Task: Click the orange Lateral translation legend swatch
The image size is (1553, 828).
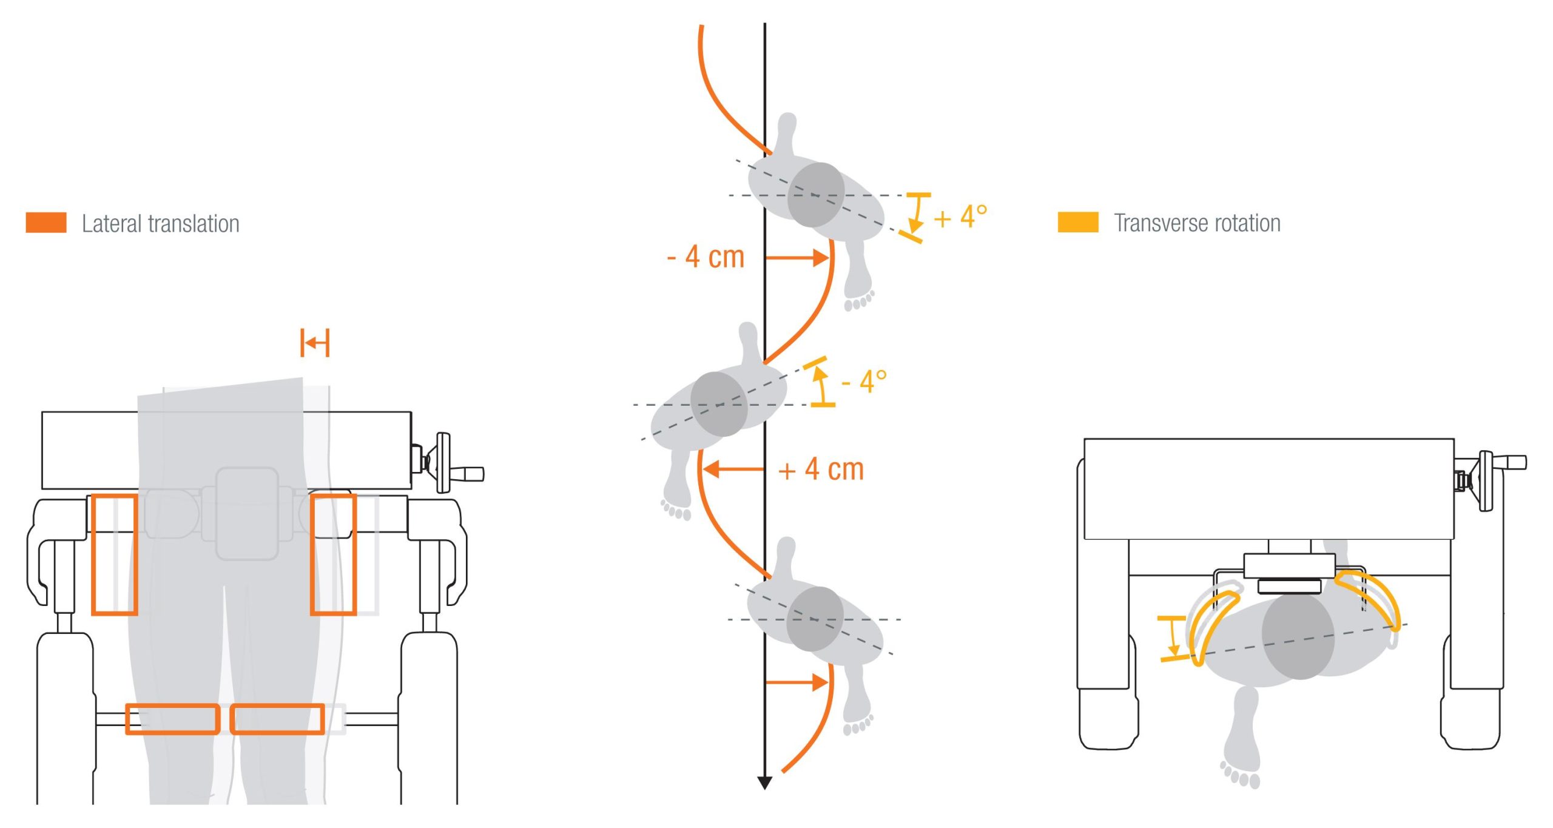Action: (x=46, y=223)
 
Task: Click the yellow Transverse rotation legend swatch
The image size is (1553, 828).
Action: (x=1078, y=222)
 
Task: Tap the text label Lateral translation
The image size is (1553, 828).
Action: (x=161, y=224)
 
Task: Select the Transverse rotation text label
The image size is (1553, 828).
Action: (x=1198, y=223)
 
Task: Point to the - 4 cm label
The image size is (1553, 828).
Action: (x=706, y=257)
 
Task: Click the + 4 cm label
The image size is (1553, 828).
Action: (x=821, y=470)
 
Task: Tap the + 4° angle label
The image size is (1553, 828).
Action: (x=960, y=217)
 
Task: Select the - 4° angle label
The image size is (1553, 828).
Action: (x=864, y=382)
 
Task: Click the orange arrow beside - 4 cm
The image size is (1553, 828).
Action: (x=797, y=258)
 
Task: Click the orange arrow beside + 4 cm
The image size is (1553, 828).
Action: (x=733, y=469)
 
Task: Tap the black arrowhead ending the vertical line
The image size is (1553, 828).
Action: (x=764, y=783)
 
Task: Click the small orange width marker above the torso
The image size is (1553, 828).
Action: (x=315, y=343)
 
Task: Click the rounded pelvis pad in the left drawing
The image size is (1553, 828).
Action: (x=247, y=513)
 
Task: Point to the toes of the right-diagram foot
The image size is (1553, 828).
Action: (x=1240, y=776)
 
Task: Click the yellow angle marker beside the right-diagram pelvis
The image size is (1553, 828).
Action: (x=1173, y=638)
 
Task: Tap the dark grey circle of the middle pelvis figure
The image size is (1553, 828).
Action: (x=719, y=405)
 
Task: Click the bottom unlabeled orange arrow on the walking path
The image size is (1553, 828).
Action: (x=797, y=682)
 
